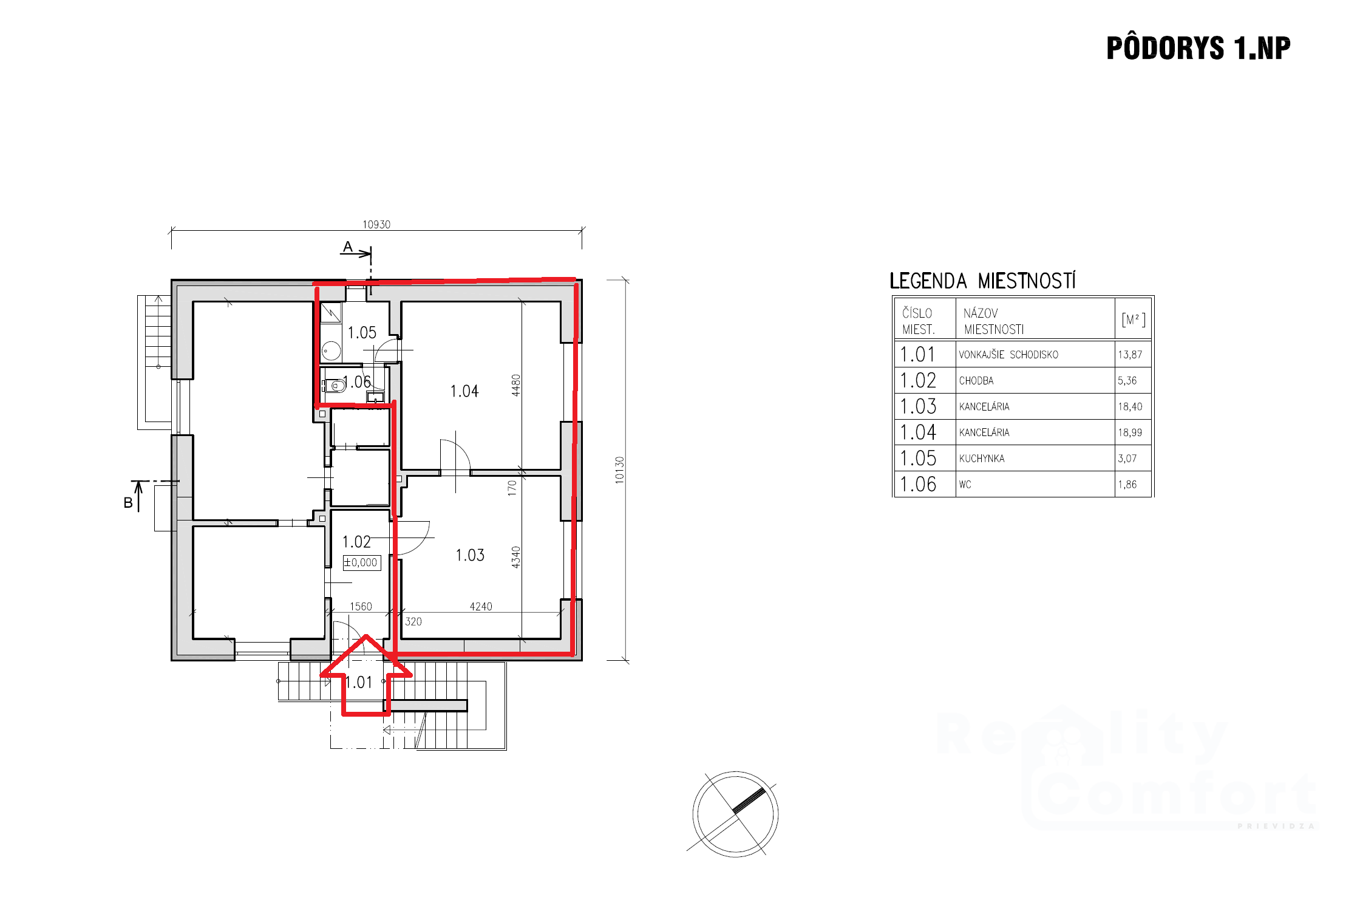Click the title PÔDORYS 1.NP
click(x=1198, y=48)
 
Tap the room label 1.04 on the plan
click(x=464, y=391)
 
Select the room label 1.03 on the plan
click(x=470, y=555)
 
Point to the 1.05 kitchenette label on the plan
click(x=362, y=333)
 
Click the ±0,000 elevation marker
click(x=361, y=562)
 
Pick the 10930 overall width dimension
click(x=376, y=225)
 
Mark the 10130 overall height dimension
click(x=619, y=470)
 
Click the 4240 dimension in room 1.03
click(x=481, y=607)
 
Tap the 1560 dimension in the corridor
click(x=361, y=607)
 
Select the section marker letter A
click(x=348, y=247)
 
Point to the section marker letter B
click(x=128, y=503)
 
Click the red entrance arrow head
click(x=366, y=655)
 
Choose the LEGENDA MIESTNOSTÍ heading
click(x=982, y=281)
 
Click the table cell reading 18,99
click(x=1130, y=432)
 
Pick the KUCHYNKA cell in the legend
click(x=982, y=459)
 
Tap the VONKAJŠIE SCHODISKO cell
click(x=1008, y=355)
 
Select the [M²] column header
click(x=1133, y=319)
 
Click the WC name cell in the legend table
click(x=965, y=485)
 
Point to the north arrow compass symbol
click(x=735, y=814)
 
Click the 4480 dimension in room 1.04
click(x=516, y=385)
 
